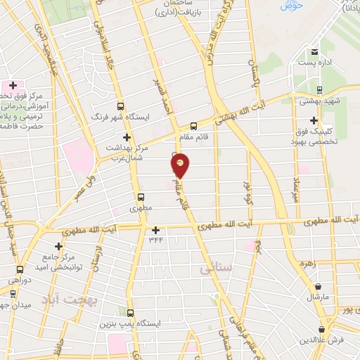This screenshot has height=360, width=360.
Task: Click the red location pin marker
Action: click(x=181, y=165)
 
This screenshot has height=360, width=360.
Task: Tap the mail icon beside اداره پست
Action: click(x=315, y=51)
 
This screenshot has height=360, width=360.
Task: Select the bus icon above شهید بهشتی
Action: click(x=320, y=89)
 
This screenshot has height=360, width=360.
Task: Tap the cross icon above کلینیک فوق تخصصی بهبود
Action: click(x=314, y=120)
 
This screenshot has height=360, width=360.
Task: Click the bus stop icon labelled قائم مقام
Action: click(x=193, y=126)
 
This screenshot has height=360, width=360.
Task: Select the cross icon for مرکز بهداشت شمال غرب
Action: click(x=127, y=137)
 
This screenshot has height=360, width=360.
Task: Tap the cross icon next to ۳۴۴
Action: click(x=155, y=229)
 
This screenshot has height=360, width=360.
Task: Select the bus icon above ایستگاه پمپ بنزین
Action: click(x=130, y=311)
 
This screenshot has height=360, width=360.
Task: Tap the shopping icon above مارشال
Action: click(x=319, y=286)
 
